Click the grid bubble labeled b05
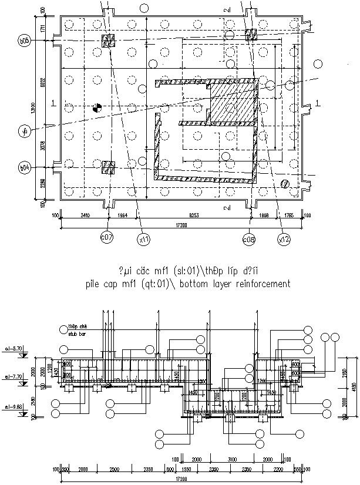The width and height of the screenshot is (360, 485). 24,41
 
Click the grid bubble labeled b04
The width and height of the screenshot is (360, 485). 24,168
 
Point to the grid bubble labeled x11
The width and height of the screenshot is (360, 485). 144,239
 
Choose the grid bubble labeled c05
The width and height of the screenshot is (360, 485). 249,239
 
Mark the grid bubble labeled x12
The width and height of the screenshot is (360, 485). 284,239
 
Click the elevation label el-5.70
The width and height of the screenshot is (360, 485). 14,348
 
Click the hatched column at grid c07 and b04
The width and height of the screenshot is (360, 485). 108,167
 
